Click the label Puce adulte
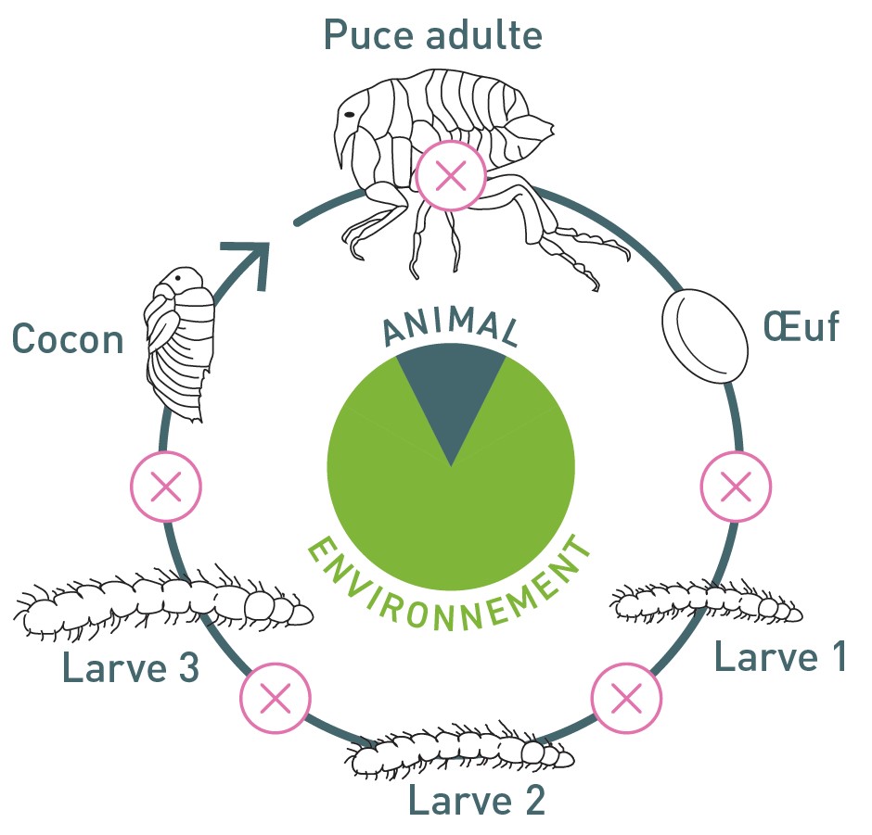tap(432, 35)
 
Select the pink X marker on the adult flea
tap(450, 175)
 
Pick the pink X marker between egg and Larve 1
tap(736, 485)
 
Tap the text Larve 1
tap(779, 656)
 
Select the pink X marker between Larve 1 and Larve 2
tap(626, 697)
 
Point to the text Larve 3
tap(131, 667)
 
